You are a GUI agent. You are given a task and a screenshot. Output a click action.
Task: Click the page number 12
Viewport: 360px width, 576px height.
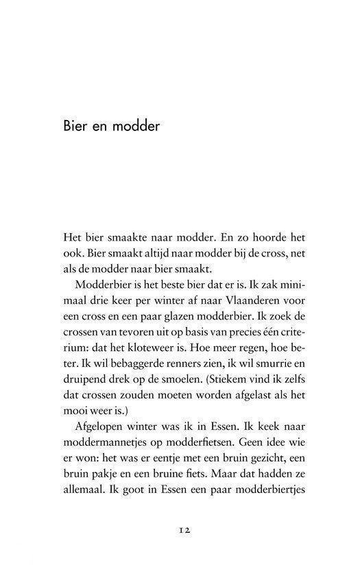point(180,529)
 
